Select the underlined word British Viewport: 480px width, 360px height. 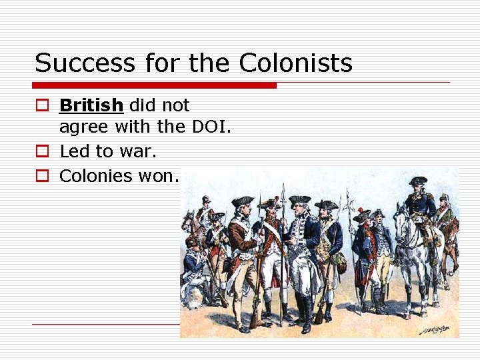pos(91,105)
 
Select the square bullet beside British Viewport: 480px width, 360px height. pos(42,106)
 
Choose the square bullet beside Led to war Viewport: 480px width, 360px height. pos(42,152)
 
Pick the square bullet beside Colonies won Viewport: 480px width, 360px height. pos(42,177)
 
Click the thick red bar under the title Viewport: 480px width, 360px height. pos(154,85)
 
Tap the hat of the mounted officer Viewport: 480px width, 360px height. pos(418,181)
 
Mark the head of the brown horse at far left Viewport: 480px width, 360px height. pos(189,220)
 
